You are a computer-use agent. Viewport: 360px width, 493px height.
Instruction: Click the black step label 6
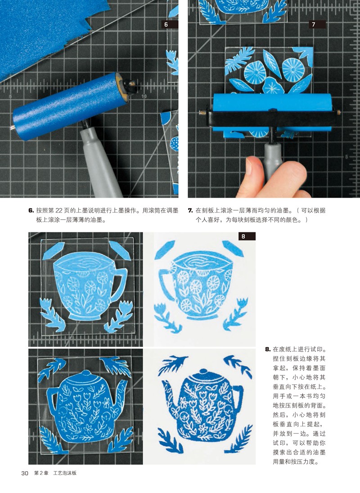[169, 24]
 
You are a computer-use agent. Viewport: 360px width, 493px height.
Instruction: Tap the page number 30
[25, 473]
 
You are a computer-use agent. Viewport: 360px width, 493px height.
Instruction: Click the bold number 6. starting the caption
[31, 211]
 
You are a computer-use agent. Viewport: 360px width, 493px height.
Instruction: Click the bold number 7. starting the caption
[190, 211]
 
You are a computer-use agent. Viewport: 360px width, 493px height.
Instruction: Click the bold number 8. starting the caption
[268, 349]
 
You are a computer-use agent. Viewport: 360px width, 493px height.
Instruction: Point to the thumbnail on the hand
[249, 167]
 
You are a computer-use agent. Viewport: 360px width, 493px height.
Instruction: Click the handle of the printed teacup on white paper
[166, 283]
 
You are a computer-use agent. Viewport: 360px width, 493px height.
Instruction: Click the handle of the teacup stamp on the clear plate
[120, 283]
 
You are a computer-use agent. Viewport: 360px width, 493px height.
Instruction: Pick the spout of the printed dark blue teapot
[168, 393]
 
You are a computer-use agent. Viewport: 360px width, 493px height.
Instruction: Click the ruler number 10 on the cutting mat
[144, 96]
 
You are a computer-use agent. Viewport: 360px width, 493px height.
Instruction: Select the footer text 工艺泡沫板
[65, 473]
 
